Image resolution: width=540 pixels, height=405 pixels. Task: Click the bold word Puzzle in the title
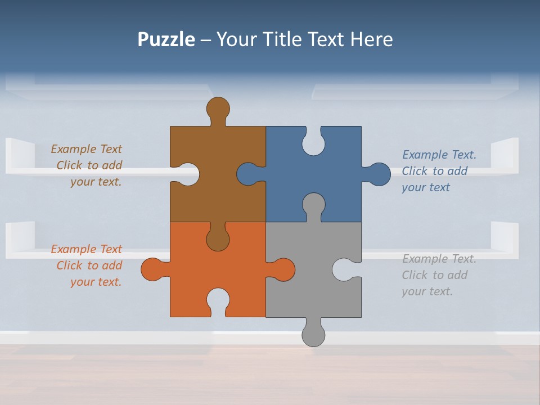click(x=166, y=39)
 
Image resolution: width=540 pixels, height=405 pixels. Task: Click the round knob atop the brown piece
click(x=218, y=109)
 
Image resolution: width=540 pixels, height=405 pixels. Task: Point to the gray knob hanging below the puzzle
click(x=313, y=334)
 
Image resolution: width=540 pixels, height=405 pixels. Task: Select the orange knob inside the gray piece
click(x=283, y=269)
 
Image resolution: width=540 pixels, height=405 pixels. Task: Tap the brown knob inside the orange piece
click(x=218, y=239)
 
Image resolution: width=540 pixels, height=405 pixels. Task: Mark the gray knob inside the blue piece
click(x=313, y=205)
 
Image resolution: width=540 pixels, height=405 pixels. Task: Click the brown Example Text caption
click(x=87, y=165)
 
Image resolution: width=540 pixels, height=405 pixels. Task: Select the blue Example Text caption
click(x=439, y=171)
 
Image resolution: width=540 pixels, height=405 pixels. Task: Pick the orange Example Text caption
click(x=87, y=265)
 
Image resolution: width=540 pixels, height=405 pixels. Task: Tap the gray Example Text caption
click(x=439, y=275)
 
